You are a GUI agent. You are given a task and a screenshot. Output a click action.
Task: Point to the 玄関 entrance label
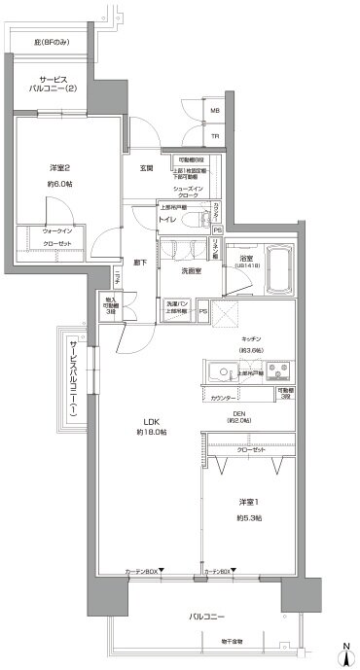tap(146, 167)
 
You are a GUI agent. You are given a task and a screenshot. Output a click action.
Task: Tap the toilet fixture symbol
tap(191, 217)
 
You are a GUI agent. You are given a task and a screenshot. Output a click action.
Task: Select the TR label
tap(215, 136)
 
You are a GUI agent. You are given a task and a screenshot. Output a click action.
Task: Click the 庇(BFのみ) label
tap(53, 43)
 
